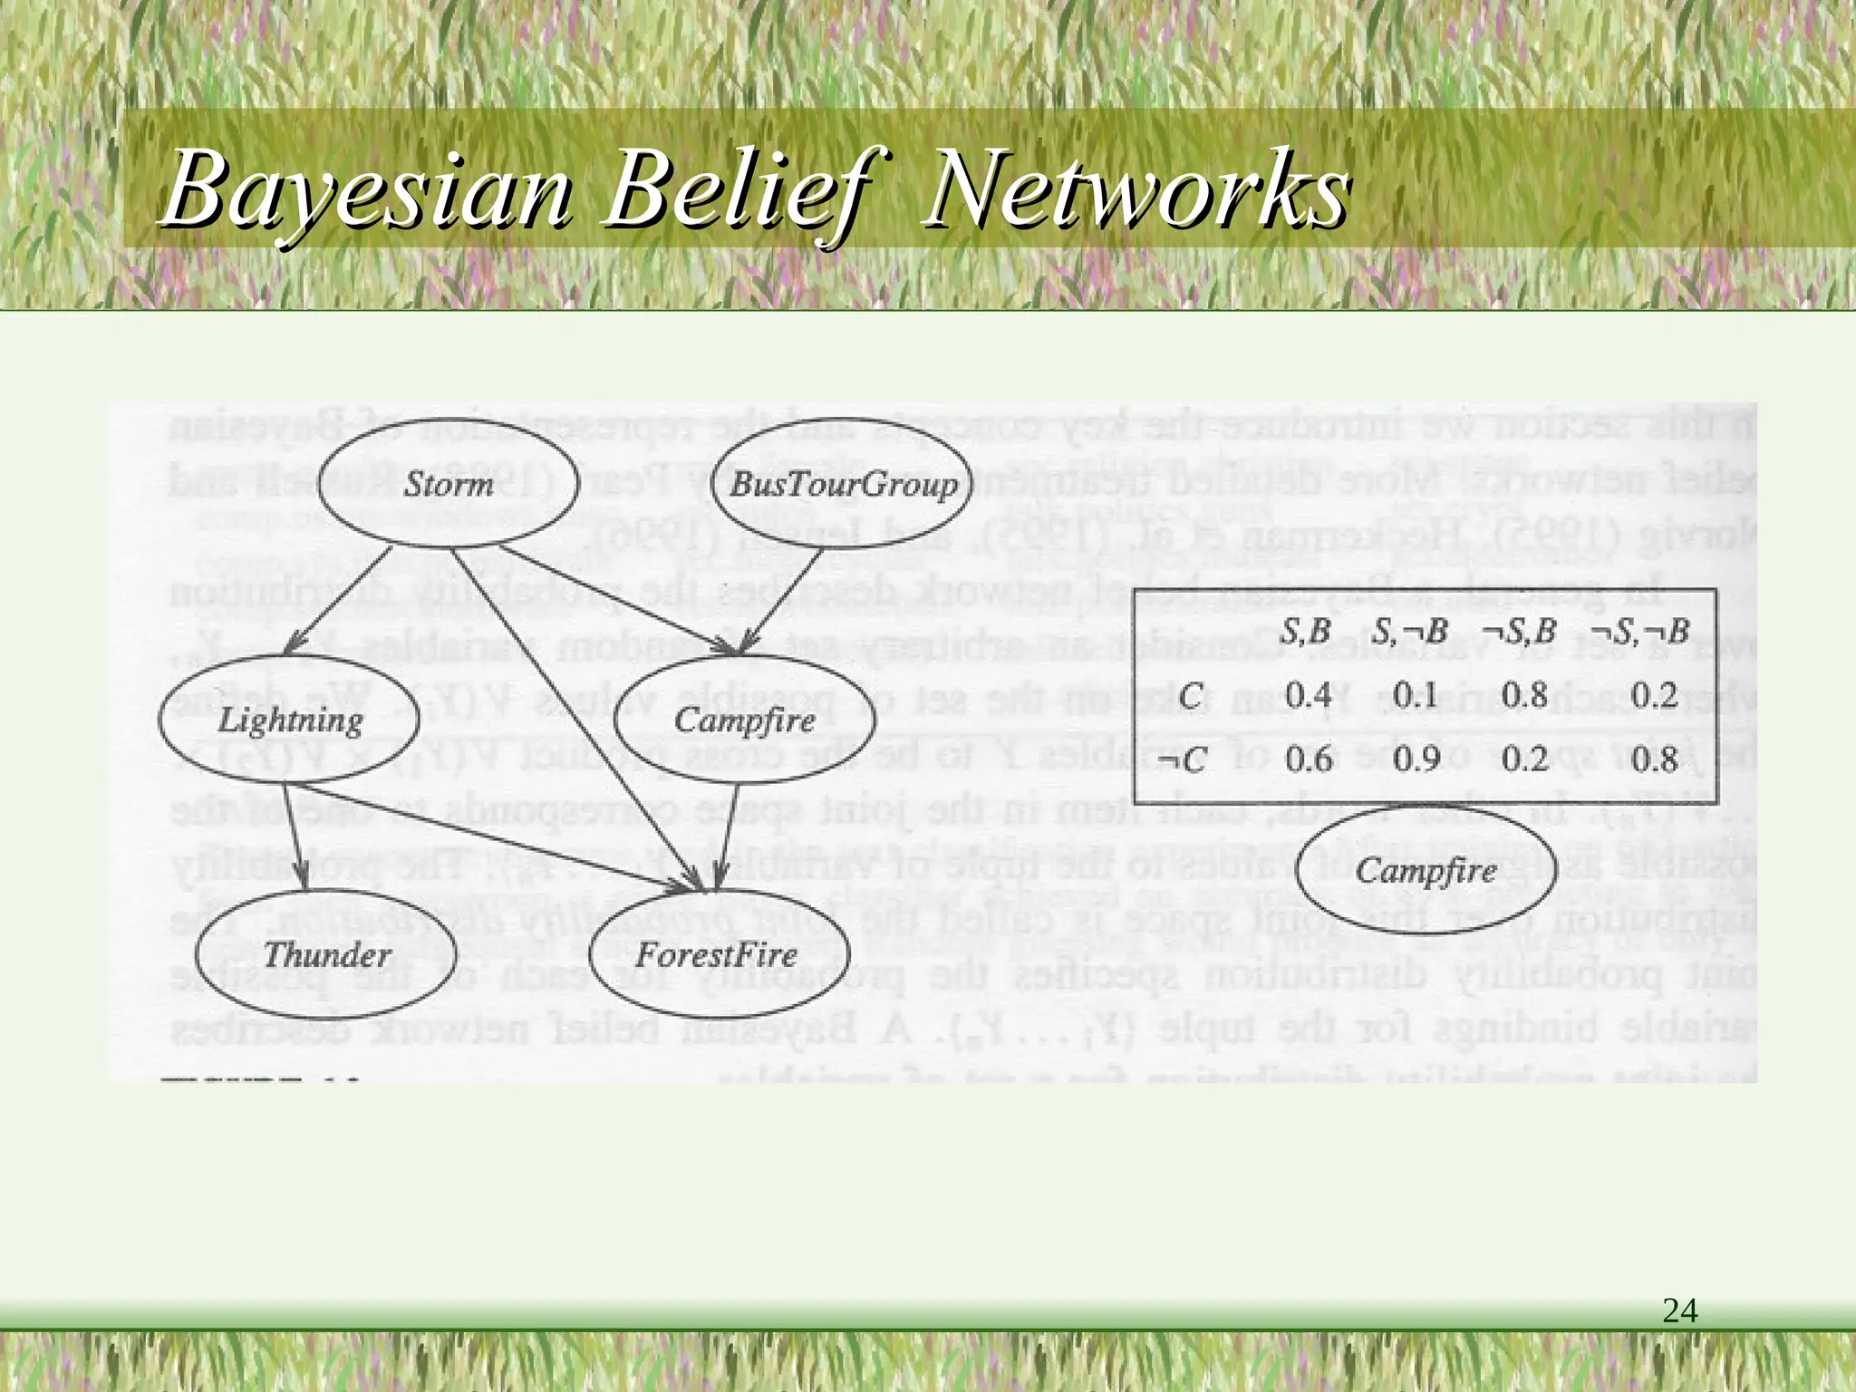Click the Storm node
point(449,483)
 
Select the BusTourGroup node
point(843,484)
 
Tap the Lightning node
point(289,720)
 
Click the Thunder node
point(326,954)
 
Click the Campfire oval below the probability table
point(1426,871)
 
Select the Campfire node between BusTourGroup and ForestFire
point(745,720)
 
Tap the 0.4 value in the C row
point(1308,695)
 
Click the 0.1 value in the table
point(1415,695)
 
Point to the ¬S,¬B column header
point(1640,632)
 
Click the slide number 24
point(1679,1310)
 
